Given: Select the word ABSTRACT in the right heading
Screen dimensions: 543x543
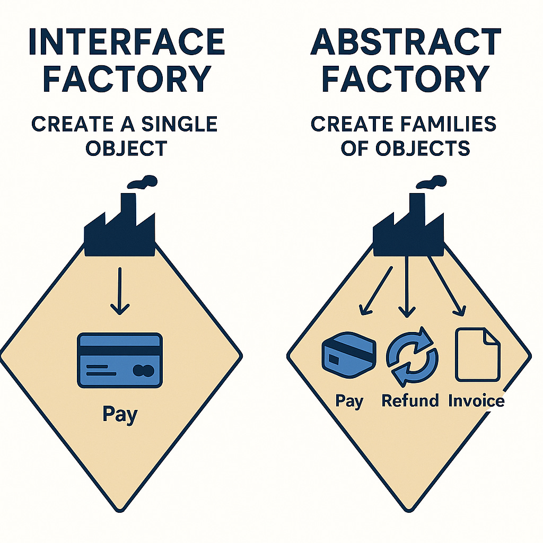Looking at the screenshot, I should [x=406, y=42].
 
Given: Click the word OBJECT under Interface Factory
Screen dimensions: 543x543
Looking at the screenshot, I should [x=127, y=148].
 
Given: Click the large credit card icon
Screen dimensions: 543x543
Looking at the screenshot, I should [x=119, y=360].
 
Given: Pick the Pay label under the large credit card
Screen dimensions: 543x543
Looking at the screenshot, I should [x=119, y=415].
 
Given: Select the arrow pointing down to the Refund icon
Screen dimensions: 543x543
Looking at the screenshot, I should [x=407, y=286].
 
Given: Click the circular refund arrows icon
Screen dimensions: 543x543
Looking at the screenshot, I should [x=412, y=356].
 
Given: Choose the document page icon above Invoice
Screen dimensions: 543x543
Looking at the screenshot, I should [x=477, y=354].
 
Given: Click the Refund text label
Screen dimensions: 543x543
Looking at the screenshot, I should [x=410, y=400].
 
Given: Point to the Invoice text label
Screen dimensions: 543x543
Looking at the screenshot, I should [x=476, y=400].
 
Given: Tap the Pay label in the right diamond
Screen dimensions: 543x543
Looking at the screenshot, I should [x=349, y=401].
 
